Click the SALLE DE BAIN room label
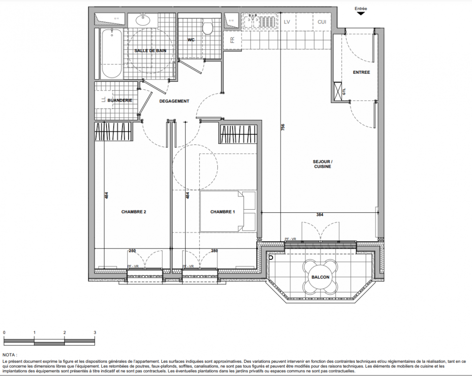tap(150, 51)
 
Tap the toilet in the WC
tap(207, 26)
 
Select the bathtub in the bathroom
tap(112, 53)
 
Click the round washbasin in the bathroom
tap(143, 20)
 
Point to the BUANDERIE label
tap(120, 101)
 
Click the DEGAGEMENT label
tap(174, 101)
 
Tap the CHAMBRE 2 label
tap(134, 212)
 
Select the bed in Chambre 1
tap(228, 211)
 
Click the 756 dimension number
tap(282, 127)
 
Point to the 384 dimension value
tap(320, 215)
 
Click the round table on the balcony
tap(320, 277)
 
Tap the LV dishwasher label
tap(287, 22)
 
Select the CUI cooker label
tap(322, 22)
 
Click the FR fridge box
tap(232, 40)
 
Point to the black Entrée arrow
tap(360, 13)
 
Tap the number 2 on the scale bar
tap(65, 333)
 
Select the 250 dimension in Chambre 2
tap(132, 251)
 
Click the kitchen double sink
tap(251, 22)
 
